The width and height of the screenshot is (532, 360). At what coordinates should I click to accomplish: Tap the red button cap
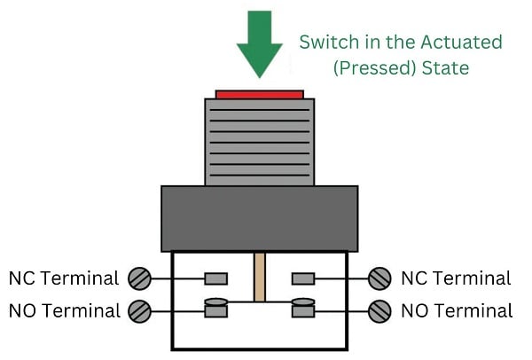coord(259,93)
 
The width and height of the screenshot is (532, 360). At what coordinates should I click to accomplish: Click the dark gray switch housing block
coord(259,218)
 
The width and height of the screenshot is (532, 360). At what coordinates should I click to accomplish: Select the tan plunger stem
coord(260,277)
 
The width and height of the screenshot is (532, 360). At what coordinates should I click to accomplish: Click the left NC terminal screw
coord(139,278)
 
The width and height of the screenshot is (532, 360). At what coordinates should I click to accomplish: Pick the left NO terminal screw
coord(139,310)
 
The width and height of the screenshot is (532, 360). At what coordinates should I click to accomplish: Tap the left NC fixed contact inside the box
coord(215,278)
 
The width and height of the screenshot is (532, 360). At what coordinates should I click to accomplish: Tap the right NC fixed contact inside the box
coord(303,278)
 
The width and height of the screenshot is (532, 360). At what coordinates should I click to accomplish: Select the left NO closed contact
coord(215,308)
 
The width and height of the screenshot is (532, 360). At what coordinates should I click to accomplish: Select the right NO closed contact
coord(303,308)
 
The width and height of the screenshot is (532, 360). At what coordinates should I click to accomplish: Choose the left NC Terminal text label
coord(63,278)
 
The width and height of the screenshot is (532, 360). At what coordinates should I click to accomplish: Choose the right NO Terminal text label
coord(457,310)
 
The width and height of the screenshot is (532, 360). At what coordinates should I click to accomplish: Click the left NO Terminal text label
coord(64,310)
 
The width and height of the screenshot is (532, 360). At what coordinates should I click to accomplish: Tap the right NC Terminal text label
coord(456,278)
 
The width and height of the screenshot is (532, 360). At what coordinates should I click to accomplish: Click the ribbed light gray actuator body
coord(259,142)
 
